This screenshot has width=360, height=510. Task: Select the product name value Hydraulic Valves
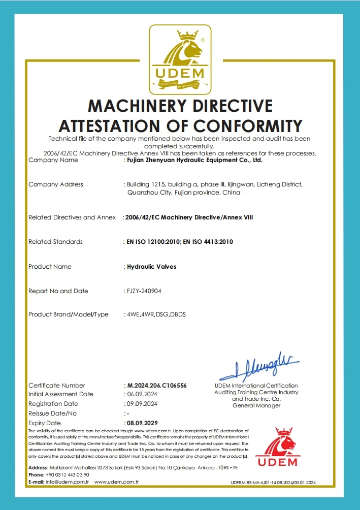click(151, 267)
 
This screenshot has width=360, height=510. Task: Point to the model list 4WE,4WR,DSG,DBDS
click(156, 314)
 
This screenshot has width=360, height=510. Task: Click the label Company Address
click(56, 184)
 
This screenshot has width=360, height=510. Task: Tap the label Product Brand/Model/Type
click(69, 314)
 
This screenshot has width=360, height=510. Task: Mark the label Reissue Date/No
click(52, 413)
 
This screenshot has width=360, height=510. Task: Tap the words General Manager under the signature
click(256, 405)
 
